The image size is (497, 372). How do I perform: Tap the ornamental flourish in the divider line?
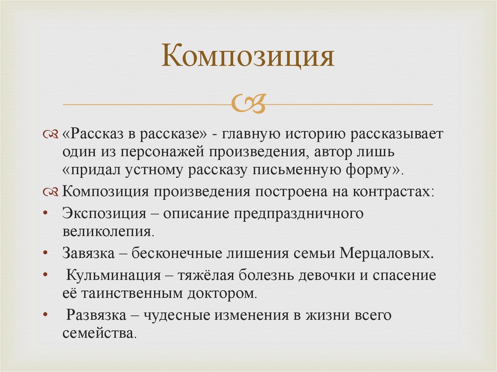tap(248, 103)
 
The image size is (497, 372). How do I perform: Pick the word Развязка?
tap(96, 315)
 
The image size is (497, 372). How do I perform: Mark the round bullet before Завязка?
tap(45, 254)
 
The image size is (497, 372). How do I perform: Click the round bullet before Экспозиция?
tap(45, 214)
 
